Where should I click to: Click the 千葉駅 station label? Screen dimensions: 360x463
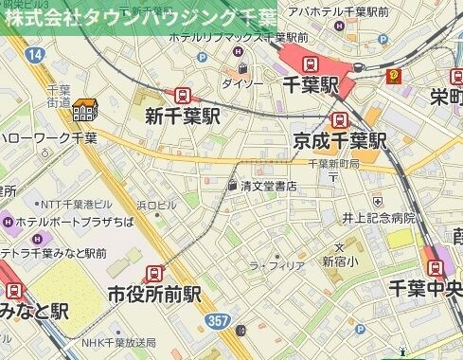(311, 86)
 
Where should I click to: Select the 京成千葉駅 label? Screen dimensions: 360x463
(340, 141)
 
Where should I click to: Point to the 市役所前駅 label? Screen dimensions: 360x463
(155, 293)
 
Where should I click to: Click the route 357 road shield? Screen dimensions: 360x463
(218, 321)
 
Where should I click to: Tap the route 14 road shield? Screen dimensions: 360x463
(35, 56)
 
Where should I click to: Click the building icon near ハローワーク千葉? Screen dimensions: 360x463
(84, 111)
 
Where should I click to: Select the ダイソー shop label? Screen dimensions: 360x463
(241, 83)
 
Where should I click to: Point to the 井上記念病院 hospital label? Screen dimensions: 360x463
(379, 217)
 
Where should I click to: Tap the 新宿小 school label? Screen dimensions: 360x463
(340, 261)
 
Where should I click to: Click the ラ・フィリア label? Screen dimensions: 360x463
(276, 266)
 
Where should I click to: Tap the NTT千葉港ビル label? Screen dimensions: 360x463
(76, 205)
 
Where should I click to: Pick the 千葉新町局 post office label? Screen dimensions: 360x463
(333, 163)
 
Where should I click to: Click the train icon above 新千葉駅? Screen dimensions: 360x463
(180, 96)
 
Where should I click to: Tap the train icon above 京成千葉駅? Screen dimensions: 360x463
(339, 119)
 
